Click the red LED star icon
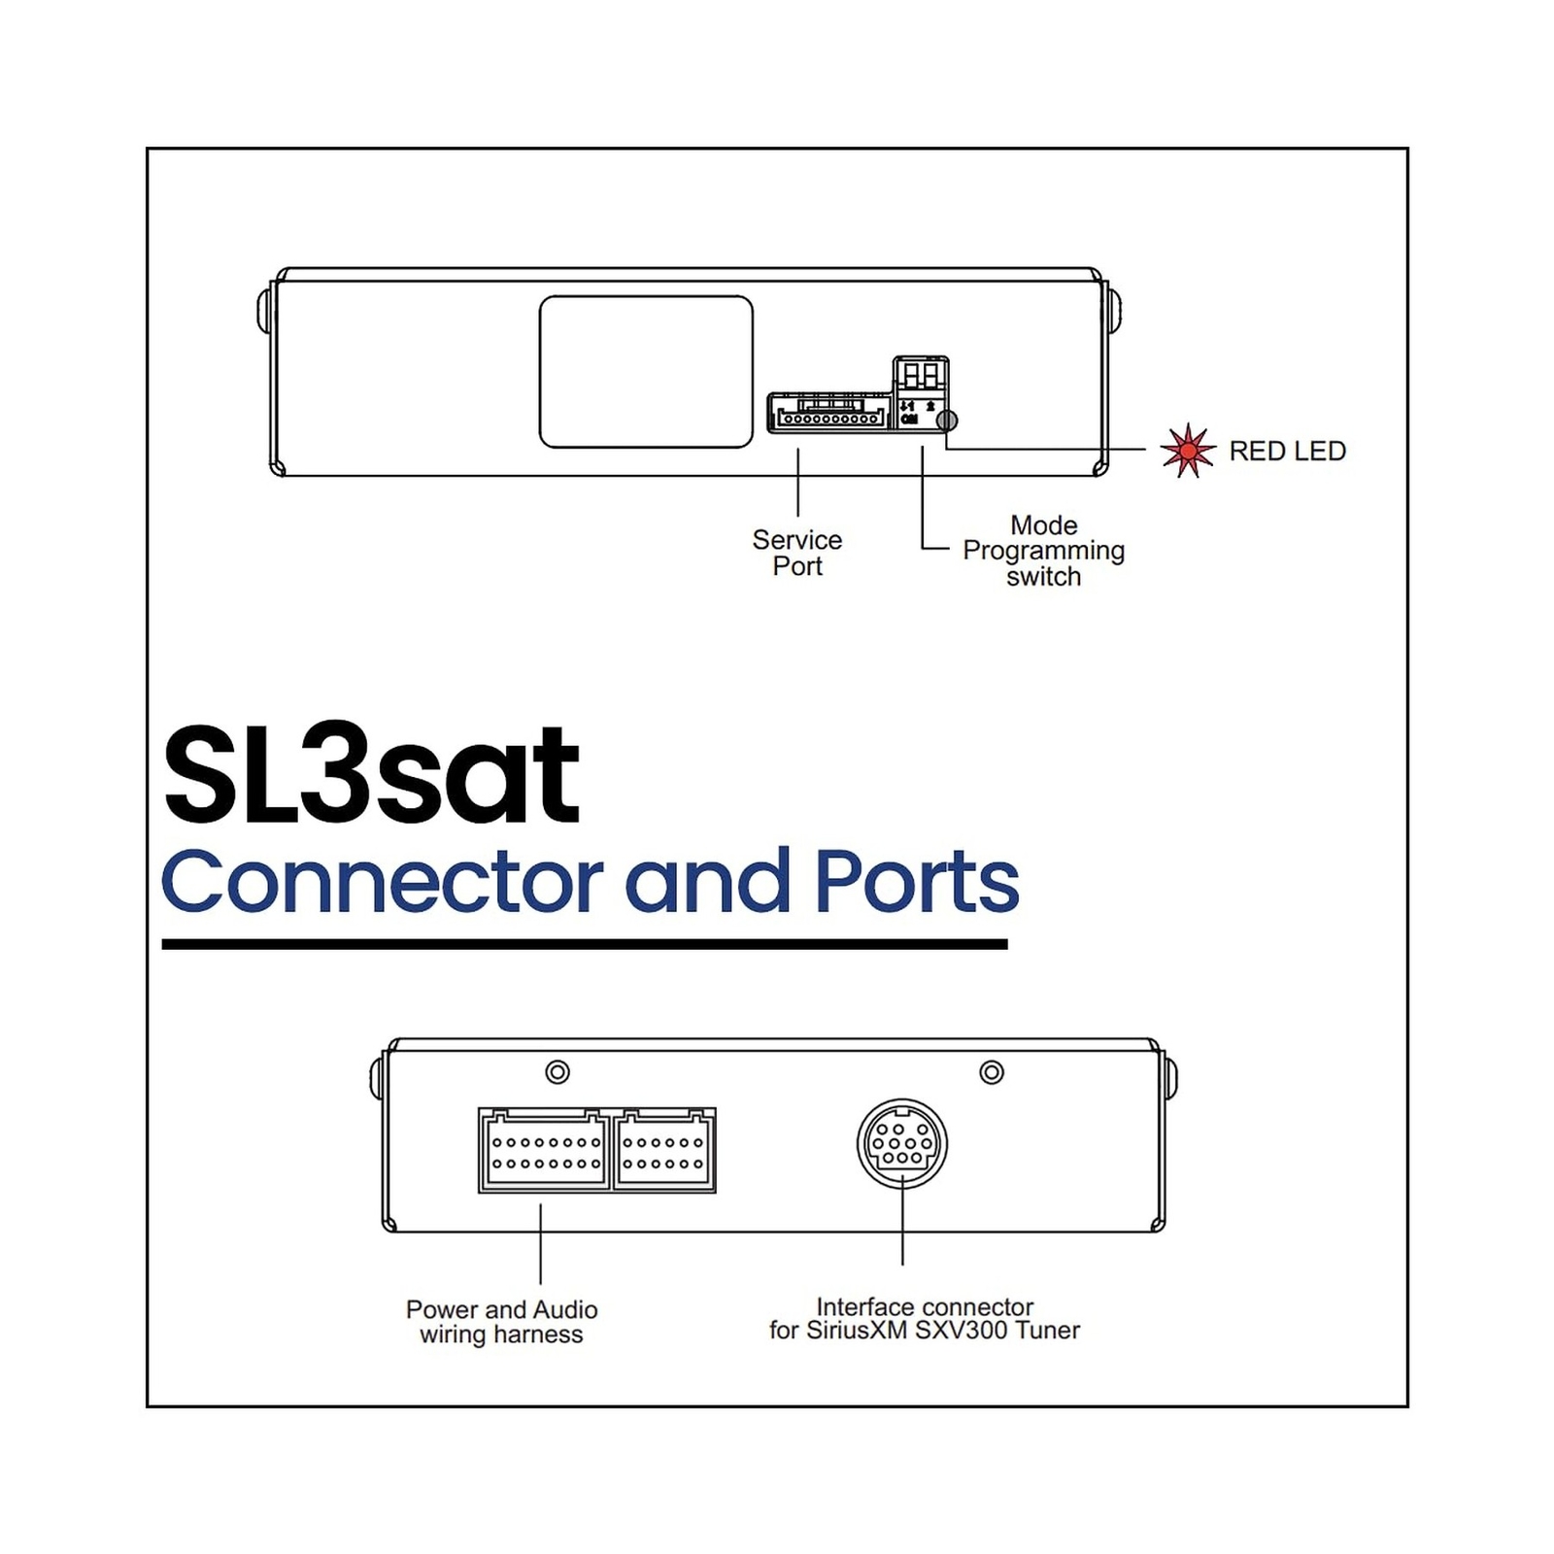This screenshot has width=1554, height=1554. pos(1187,451)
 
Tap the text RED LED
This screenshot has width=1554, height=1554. pos(1287,452)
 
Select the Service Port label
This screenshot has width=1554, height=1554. pos(796,553)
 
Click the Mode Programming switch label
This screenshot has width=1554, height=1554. pos(1043,551)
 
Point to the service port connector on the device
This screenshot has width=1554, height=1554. pos(828,413)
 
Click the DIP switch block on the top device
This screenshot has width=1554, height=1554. pos(920,376)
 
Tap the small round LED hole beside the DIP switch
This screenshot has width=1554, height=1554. pos(946,421)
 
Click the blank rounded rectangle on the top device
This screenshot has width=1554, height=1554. pos(646,372)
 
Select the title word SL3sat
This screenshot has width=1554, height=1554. pos(371,777)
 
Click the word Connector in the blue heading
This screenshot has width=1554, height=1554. pos(382,882)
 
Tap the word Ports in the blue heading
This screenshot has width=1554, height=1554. pos(917,882)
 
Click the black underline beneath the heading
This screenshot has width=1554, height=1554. pos(585,944)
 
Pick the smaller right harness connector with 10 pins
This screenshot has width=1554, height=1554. pos(664,1150)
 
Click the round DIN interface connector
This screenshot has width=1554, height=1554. pos(901,1143)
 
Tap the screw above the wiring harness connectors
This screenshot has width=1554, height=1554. pos(557,1072)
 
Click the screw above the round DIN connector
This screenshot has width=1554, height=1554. pos(992,1072)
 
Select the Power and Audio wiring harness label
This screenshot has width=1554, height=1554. pos(501,1322)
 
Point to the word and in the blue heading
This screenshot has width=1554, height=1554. pos(707,882)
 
